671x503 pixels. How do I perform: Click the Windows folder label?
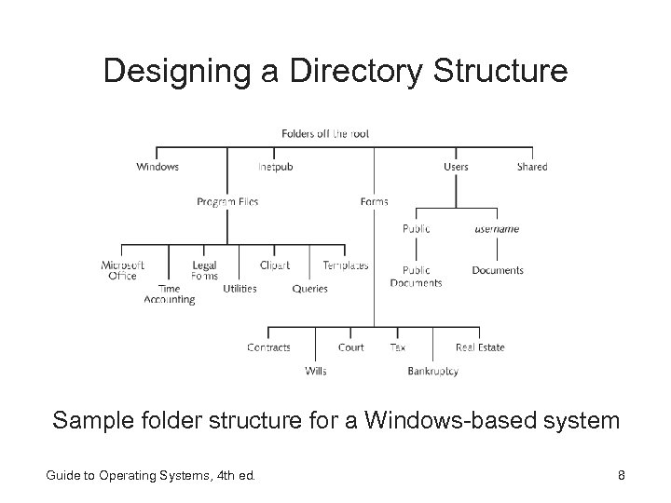157,167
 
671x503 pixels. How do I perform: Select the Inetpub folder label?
275,167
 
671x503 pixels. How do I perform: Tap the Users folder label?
456,167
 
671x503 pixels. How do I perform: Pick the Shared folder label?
532,167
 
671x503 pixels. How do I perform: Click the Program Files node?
227,201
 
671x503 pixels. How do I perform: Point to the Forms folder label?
374,201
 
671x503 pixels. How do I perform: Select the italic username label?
497,229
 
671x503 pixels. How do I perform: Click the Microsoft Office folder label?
122,270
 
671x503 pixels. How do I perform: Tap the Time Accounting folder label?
170,294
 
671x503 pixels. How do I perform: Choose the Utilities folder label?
240,289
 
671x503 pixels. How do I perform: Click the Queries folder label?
309,289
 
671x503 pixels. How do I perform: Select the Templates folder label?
345,265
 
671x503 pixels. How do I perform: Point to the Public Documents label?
416,277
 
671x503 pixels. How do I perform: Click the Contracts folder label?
268,347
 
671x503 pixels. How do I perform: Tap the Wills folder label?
315,371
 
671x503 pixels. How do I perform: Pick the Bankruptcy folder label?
432,371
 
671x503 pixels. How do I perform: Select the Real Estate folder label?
480,347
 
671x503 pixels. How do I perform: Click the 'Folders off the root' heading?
325,133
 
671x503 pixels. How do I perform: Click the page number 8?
621,477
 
